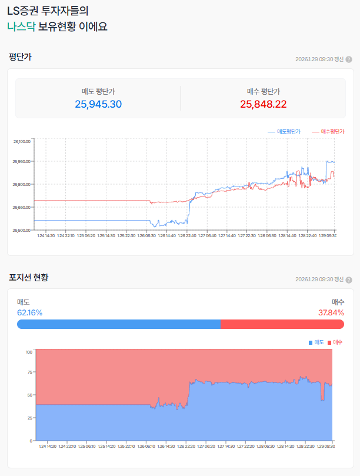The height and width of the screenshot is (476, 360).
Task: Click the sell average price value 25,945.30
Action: point(98,104)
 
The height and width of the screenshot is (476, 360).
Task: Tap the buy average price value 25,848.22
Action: point(264,104)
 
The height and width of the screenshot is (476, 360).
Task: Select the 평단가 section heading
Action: point(20,57)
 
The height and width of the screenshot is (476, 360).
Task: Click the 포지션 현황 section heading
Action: point(28,277)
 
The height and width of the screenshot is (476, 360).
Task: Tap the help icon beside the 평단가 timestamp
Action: point(349,59)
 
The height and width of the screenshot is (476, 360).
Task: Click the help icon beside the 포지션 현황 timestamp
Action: point(349,279)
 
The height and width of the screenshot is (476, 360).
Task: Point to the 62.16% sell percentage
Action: point(29,312)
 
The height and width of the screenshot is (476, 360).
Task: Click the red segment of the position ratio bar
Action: point(282,324)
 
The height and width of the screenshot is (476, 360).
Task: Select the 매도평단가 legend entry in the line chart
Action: point(284,132)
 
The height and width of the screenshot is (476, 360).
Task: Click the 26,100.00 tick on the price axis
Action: point(22,141)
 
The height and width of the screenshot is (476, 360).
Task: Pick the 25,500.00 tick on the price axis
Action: point(22,230)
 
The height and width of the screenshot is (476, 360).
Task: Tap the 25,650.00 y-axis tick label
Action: point(22,207)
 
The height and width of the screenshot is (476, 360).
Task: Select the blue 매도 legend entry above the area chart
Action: point(316,342)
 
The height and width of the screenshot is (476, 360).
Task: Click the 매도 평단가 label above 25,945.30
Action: point(98,91)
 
